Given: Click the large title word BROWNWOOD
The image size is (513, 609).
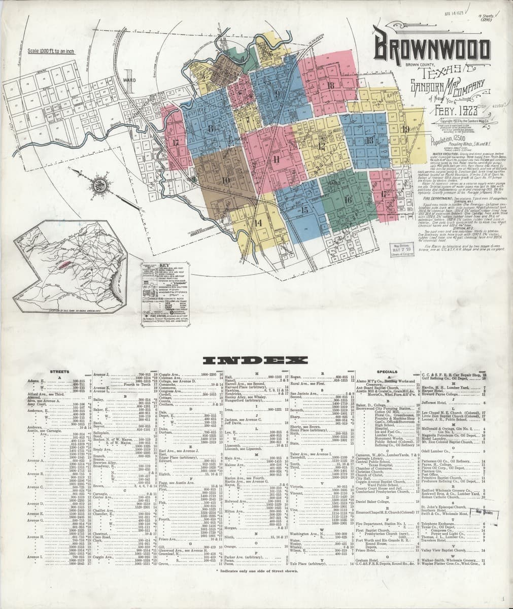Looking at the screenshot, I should [x=432, y=49].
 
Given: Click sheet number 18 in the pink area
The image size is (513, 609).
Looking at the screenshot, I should [x=331, y=85].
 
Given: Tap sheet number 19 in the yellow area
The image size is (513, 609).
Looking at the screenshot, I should [x=405, y=129].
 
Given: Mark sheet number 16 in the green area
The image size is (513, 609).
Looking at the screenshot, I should [x=348, y=200].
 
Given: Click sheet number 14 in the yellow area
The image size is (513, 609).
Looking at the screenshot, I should [x=258, y=222].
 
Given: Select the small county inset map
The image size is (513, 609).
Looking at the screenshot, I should [x=70, y=267].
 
